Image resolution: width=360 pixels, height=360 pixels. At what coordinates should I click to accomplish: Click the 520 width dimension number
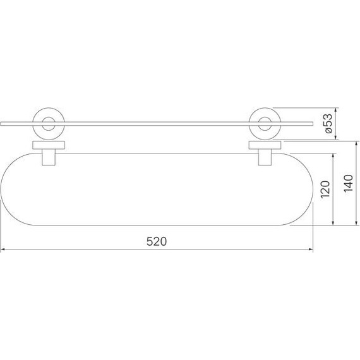[x=156, y=241]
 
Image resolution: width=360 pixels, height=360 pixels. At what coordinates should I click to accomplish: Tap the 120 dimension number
[x=325, y=189]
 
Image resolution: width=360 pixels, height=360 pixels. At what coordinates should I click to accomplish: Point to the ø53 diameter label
[x=327, y=123]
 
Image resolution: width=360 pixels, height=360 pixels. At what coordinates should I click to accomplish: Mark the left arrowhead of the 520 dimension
[x=4, y=250]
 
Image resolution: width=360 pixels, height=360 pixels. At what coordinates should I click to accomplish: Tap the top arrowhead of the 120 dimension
[x=333, y=155]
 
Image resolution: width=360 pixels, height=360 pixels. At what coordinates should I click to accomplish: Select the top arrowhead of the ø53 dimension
[x=336, y=109]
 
